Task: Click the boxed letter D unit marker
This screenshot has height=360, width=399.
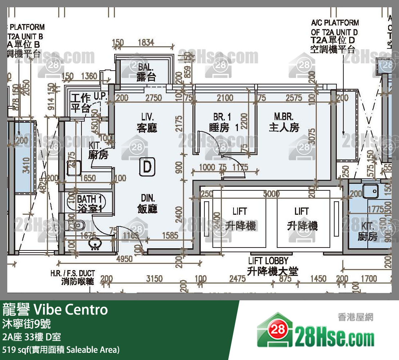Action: click(147, 167)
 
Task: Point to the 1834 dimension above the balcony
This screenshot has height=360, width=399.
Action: click(146, 43)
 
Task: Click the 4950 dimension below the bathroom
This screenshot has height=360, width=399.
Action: click(124, 259)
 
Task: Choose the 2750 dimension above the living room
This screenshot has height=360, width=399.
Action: click(153, 98)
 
